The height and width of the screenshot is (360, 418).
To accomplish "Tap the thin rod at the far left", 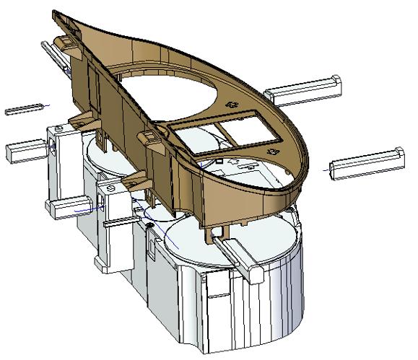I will (25, 110).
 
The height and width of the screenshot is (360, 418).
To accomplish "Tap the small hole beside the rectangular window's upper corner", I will (232, 105).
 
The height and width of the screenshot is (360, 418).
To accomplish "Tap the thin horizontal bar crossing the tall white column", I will (120, 223).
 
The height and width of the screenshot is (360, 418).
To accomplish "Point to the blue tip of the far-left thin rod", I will (49, 106).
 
